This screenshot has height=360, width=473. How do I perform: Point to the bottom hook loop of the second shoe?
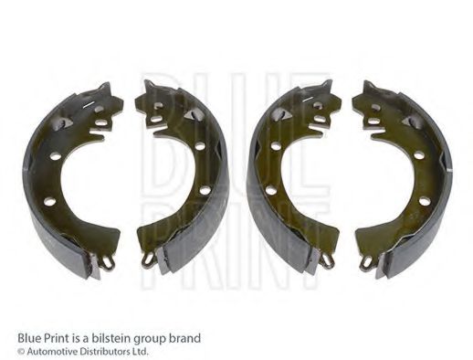pyautogui.click(x=148, y=259)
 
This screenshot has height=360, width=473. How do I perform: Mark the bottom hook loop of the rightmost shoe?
pyautogui.click(x=366, y=261)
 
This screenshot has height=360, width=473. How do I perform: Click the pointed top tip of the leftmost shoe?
pyautogui.click(x=107, y=87)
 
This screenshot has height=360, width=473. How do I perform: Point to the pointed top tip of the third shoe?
pyautogui.click(x=325, y=86)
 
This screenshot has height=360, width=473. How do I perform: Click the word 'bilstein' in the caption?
pyautogui.click(x=106, y=337)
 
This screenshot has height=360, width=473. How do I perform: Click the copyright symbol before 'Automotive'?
pyautogui.click(x=21, y=351)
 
